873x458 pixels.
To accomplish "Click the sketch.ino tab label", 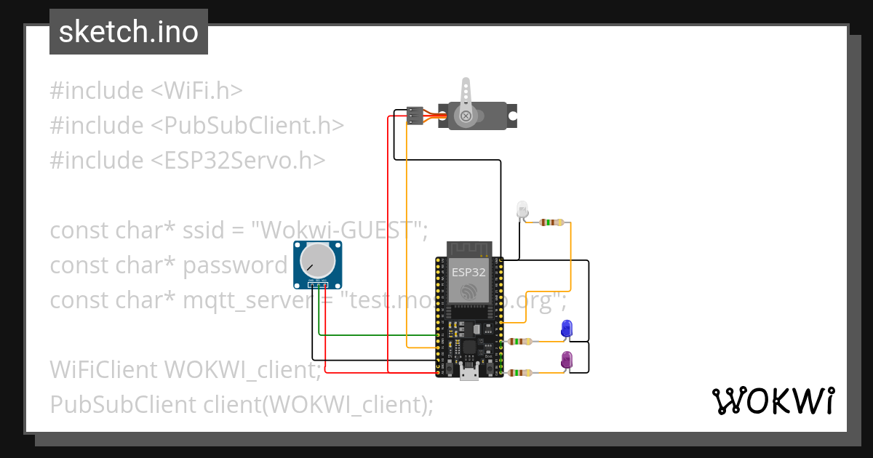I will [x=129, y=32].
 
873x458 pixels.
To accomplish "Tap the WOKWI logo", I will [x=773, y=401].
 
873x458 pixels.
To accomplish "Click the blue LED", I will [x=567, y=329].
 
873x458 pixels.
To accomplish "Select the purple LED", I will [x=567, y=359].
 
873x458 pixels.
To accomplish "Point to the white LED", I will [x=522, y=210].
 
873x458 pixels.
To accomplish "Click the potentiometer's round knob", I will [x=317, y=260].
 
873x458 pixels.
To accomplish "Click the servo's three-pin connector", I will [x=415, y=116].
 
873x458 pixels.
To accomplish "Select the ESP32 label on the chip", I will [x=469, y=273].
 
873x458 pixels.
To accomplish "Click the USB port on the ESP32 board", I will [x=469, y=374].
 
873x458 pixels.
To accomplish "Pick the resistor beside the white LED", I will [x=552, y=222].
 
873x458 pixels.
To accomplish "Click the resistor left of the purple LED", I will [x=520, y=373].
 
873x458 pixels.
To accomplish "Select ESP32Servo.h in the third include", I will [x=238, y=161].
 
